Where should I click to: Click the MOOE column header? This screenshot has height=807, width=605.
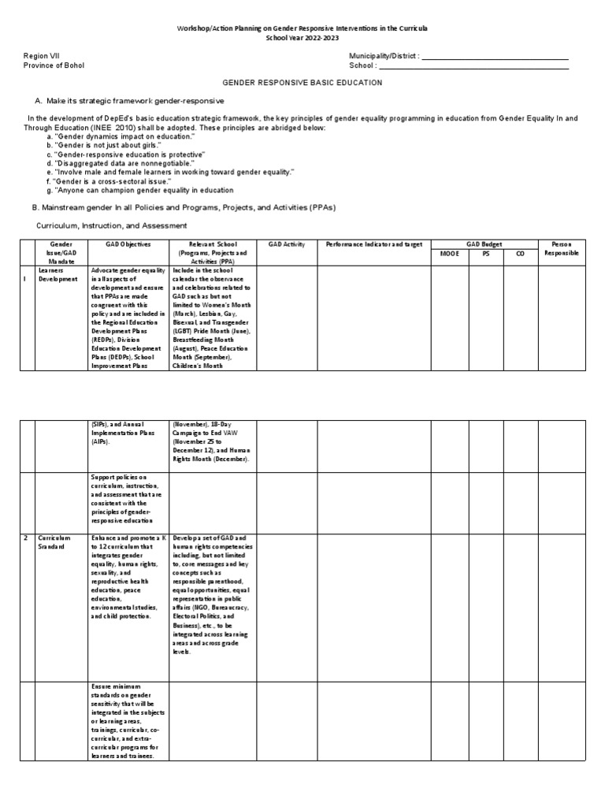tap(448, 254)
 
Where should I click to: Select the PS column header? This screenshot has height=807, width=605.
tap(486, 254)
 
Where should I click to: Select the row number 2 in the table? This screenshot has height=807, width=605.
tap(25, 537)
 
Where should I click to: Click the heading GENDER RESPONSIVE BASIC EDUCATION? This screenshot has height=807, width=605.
tap(302, 82)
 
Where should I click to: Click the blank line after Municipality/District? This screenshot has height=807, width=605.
tap(496, 58)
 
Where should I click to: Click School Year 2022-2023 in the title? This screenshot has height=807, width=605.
tap(302, 37)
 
